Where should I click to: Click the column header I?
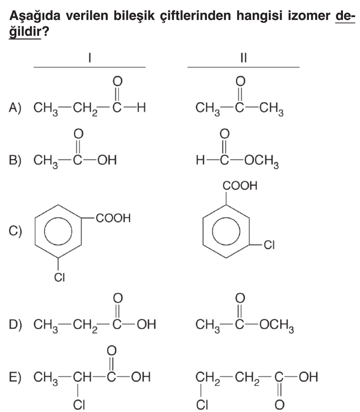coord(90,58)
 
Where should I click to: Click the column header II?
coord(244,58)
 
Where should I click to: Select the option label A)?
coord(15,107)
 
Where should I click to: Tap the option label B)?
coord(15,160)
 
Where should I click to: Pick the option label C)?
coord(15,231)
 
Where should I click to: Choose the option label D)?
coord(15,324)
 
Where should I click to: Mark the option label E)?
coord(15,377)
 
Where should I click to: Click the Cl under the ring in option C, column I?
coord(59,278)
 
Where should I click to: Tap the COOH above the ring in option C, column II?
coord(240,186)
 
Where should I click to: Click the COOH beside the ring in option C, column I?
coord(113,218)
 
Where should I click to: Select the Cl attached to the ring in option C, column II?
coord(269,245)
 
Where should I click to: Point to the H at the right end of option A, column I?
coord(141,107)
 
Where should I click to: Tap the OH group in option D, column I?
coord(146,324)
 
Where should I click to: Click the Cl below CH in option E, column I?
coord(79,405)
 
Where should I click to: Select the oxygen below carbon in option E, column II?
coord(279,405)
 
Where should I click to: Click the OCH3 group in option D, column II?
coord(277,325)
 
